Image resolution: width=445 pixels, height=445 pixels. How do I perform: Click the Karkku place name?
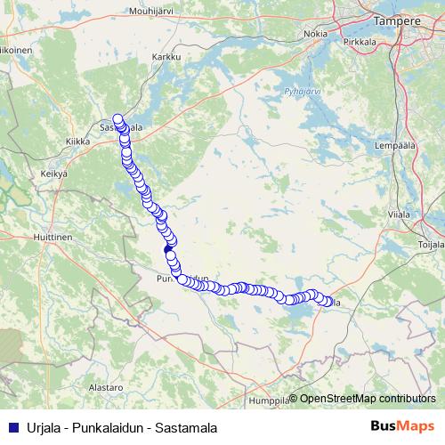coord(166,56)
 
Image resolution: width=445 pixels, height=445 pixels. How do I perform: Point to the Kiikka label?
coord(80,142)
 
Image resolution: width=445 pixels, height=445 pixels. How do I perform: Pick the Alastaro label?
coord(105,389)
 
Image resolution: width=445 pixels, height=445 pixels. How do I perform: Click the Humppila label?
coord(271,400)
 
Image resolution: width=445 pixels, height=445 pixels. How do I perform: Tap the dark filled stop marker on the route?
coord(169,253)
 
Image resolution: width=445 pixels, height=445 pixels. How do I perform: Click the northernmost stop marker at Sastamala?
coord(117,118)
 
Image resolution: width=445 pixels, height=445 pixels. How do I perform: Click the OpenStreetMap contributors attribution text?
coord(368,398)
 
